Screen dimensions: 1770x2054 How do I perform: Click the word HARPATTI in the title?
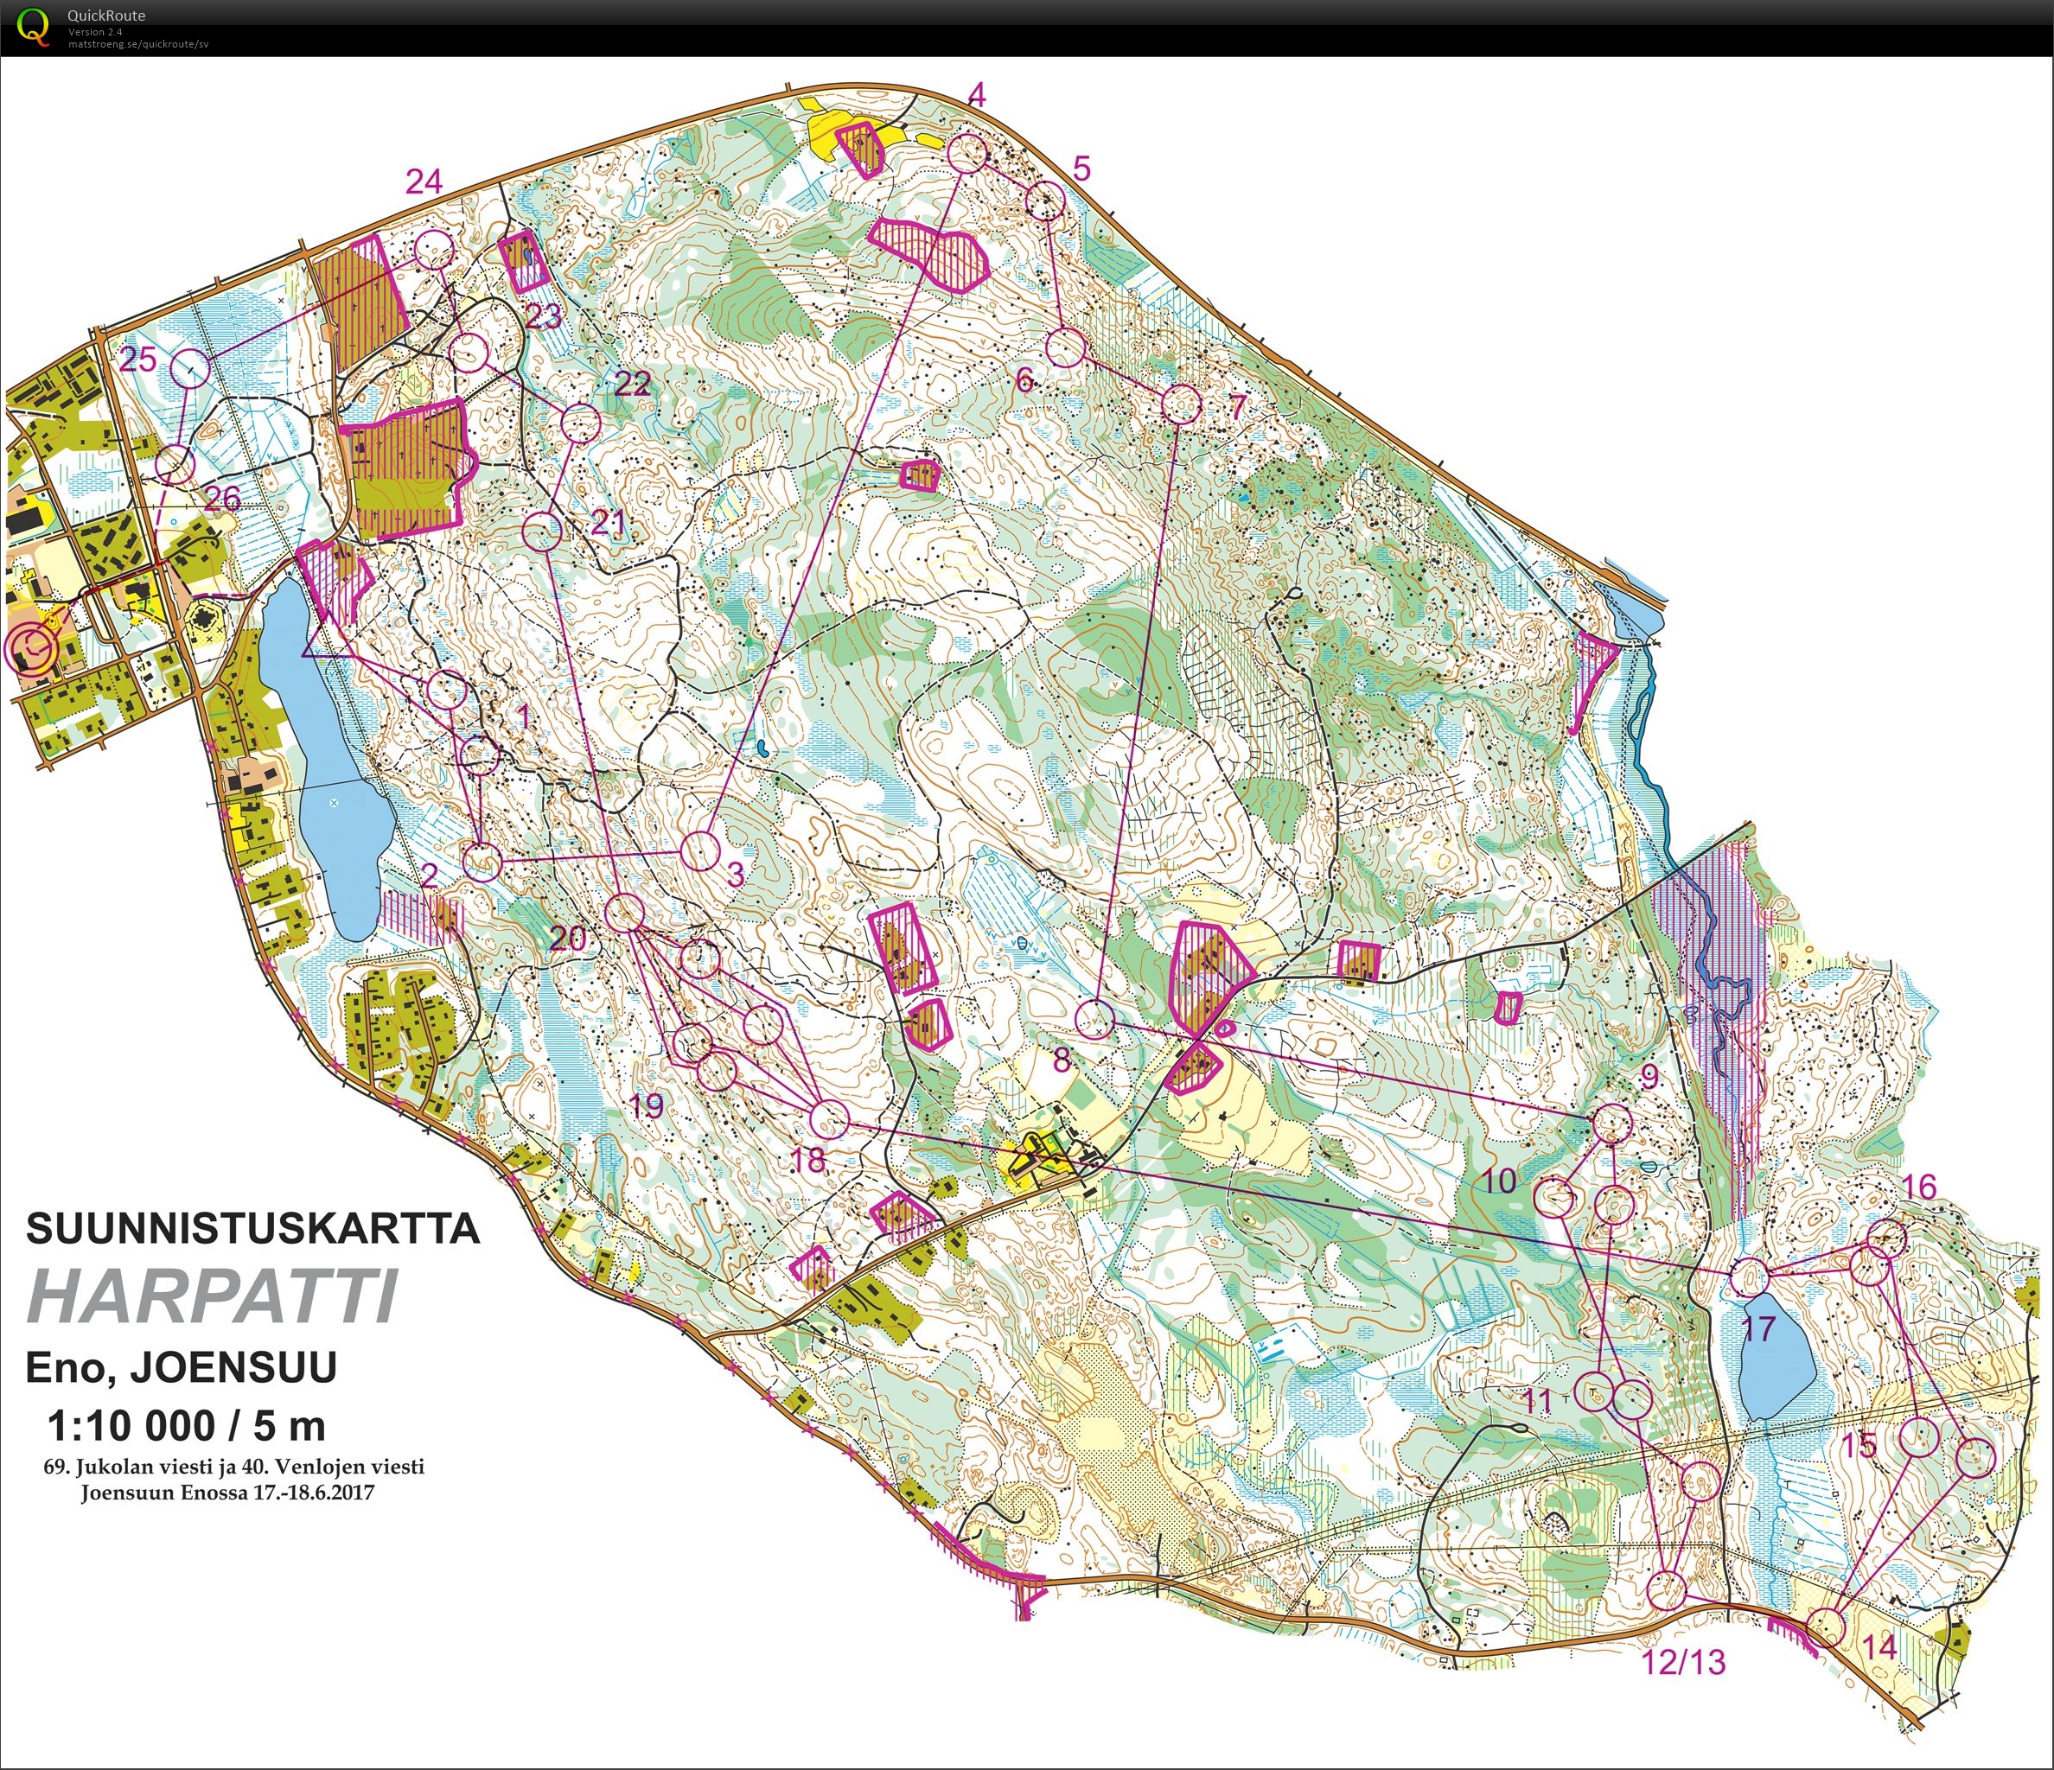[x=214, y=1296]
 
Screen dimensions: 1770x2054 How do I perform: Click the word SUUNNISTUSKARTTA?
[x=252, y=1229]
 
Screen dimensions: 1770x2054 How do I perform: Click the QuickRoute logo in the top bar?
[x=33, y=27]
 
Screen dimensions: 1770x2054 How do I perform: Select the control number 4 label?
[x=977, y=95]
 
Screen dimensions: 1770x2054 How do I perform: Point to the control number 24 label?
[x=424, y=181]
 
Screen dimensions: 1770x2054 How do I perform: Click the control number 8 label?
[x=1062, y=1060]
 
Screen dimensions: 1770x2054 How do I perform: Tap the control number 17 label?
[x=1757, y=1329]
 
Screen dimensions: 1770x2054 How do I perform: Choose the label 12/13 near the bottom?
[x=1684, y=1661]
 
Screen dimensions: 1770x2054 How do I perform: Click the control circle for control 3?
[x=700, y=851]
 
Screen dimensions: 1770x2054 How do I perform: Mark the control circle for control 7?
[x=1180, y=404]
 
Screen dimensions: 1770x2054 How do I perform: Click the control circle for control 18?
[x=830, y=1120]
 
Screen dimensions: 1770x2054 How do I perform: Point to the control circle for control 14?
[x=1825, y=1627]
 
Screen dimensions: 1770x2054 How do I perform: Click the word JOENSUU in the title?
[x=234, y=1366]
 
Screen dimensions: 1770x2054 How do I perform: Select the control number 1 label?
[x=523, y=716]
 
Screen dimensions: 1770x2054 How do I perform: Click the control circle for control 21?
[x=541, y=532]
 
